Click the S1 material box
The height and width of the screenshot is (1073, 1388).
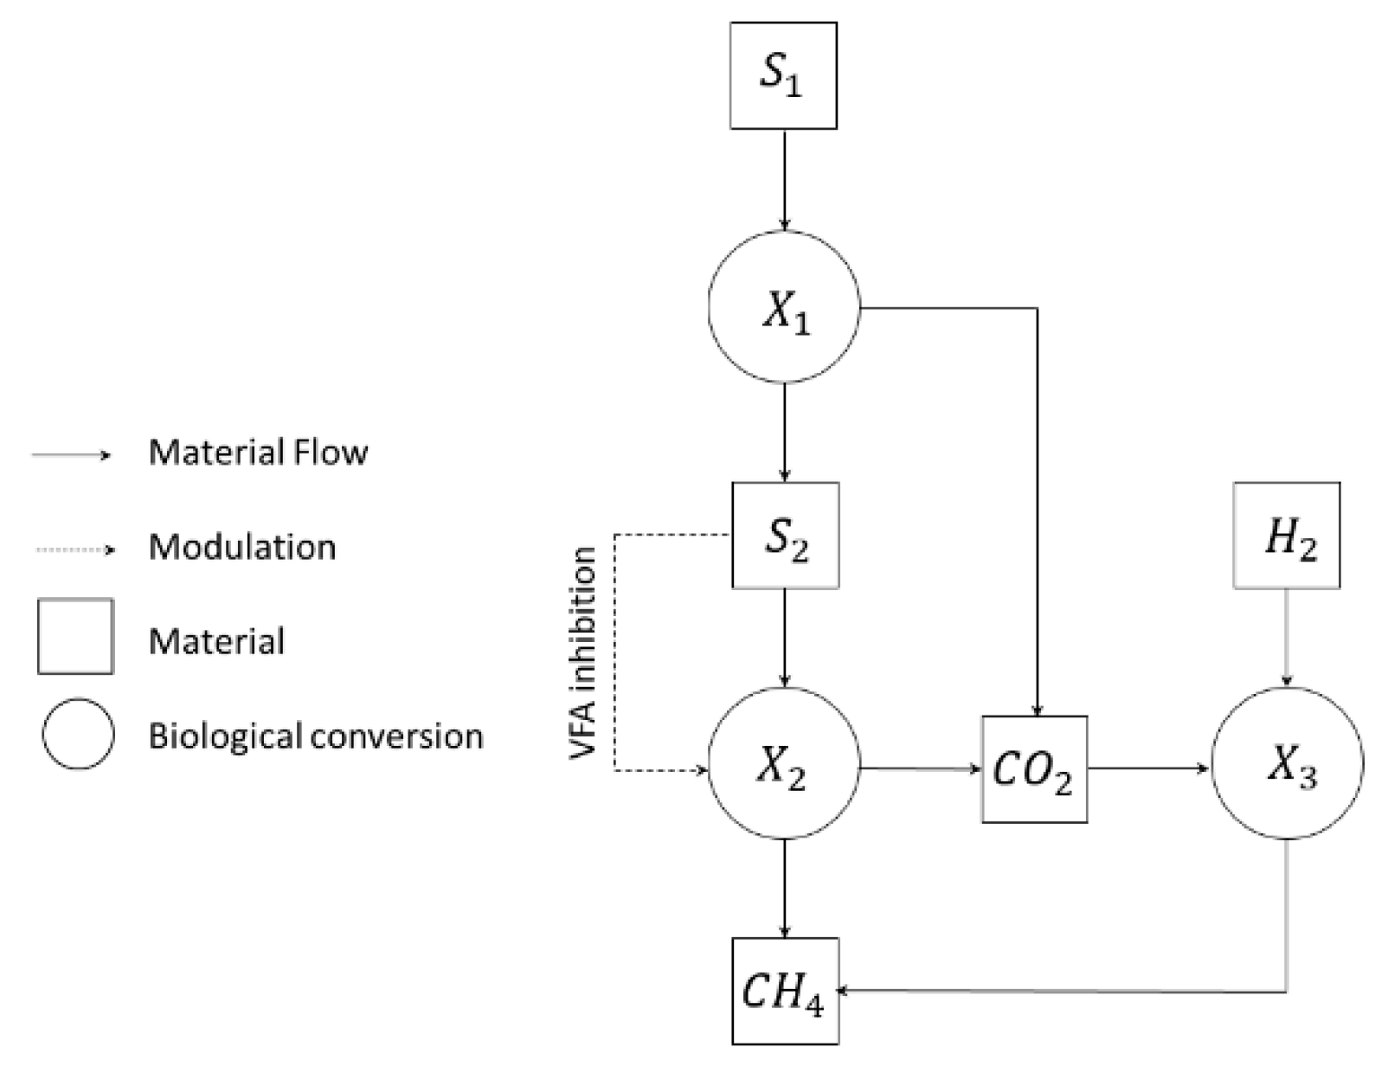tap(783, 76)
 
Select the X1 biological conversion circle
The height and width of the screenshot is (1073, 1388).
tap(784, 306)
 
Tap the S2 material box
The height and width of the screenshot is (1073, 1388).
tap(785, 536)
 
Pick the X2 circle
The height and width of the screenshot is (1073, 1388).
tap(784, 764)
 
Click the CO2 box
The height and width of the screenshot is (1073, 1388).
tap(1034, 768)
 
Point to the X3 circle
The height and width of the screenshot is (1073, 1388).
tap(1288, 764)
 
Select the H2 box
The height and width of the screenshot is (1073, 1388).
tap(1287, 536)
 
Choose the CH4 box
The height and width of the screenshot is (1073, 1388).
tap(785, 991)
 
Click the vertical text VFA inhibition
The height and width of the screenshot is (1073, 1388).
tap(585, 653)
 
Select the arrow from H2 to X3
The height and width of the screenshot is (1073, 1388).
tap(1287, 638)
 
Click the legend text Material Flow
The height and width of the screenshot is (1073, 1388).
tap(258, 453)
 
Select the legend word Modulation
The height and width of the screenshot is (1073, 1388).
tap(242, 547)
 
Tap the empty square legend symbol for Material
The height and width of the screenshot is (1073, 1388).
tap(75, 636)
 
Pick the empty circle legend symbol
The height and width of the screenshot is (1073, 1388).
tap(78, 735)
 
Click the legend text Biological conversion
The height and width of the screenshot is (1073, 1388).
tap(316, 736)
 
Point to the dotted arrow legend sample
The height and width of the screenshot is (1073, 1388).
tap(73, 549)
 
